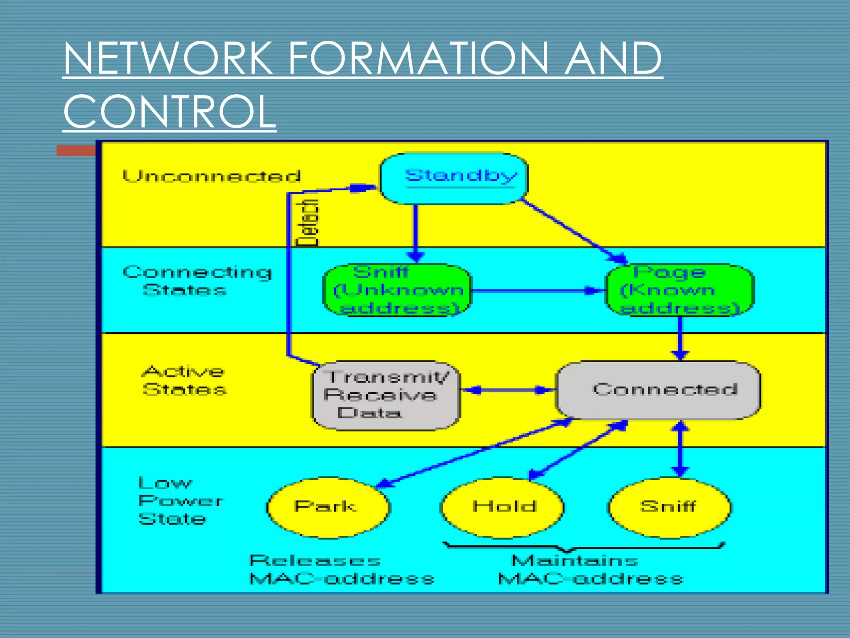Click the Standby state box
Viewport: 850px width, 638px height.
pos(454,179)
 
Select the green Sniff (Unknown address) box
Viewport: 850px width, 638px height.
pos(397,290)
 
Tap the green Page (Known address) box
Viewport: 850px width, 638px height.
pos(680,290)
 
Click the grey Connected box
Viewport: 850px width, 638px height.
pos(658,390)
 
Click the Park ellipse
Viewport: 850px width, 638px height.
pos(328,507)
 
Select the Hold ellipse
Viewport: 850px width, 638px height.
pos(503,507)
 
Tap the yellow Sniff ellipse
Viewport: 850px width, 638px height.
pos(669,507)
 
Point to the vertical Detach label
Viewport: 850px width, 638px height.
pos(308,223)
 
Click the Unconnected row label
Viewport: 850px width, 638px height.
pos(212,176)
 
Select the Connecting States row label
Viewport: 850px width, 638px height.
pos(197,281)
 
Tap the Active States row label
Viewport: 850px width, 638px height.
pos(184,380)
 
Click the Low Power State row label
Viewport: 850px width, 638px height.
pos(179,501)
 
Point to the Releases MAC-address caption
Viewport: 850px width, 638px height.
pos(341,569)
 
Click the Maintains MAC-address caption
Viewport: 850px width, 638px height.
pos(589,569)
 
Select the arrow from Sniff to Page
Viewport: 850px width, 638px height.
pos(538,290)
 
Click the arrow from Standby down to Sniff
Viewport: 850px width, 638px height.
pos(415,233)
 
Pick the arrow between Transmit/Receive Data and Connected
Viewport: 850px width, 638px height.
pos(508,390)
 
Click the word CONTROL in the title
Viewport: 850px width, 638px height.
pos(169,111)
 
